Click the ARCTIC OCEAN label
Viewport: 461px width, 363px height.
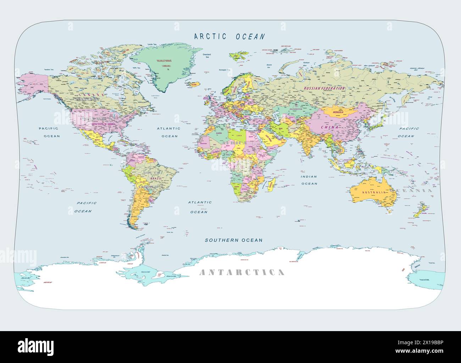coord(229,36)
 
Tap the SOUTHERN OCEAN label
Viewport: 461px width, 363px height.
coord(234,240)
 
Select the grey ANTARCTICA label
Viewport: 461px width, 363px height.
coord(242,272)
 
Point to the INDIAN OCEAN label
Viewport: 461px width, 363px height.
coord(309,180)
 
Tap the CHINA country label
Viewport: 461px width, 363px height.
coord(329,127)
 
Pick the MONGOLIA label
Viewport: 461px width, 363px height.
coord(338,112)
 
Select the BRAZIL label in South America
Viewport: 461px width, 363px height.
coord(156,178)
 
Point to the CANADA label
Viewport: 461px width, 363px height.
coord(91,95)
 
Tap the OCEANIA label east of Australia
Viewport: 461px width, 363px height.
coord(411,190)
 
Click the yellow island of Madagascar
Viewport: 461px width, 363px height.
coord(272,184)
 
